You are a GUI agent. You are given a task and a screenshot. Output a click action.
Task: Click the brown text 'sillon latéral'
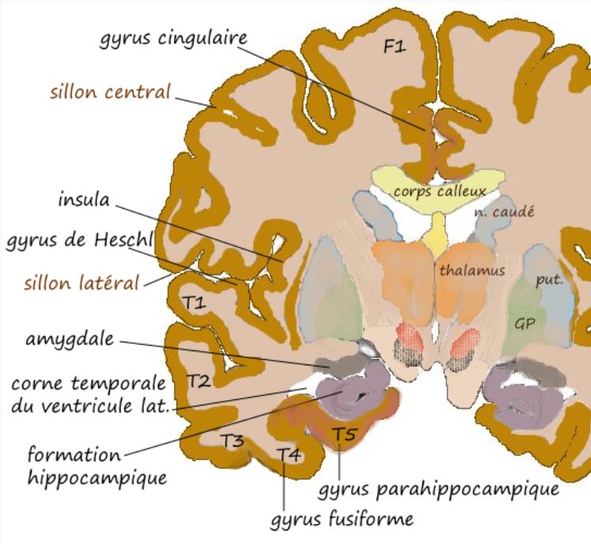click(83, 281)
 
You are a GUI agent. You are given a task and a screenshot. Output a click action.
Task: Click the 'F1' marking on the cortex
click(394, 47)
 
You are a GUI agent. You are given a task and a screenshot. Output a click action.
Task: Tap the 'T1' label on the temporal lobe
click(194, 301)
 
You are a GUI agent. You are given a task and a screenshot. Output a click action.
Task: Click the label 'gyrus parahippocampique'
click(439, 490)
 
